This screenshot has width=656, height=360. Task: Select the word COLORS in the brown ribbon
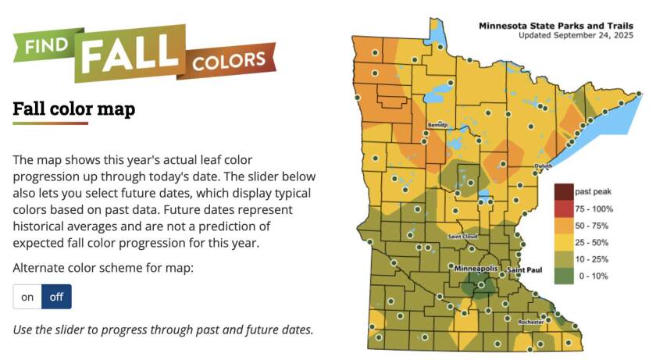pyautogui.click(x=230, y=59)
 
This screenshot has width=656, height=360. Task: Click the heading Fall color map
pyautogui.click(x=73, y=109)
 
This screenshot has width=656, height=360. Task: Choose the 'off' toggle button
pyautogui.click(x=56, y=297)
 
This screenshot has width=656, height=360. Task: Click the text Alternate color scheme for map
pyautogui.click(x=102, y=268)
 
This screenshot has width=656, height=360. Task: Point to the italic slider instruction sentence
pyautogui.click(x=163, y=329)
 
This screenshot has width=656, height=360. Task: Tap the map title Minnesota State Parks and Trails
pyautogui.click(x=560, y=26)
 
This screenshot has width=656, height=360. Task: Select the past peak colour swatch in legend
pyautogui.click(x=563, y=191)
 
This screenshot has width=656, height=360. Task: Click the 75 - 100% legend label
pyautogui.click(x=594, y=209)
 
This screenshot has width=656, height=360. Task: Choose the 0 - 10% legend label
pyautogui.click(x=594, y=275)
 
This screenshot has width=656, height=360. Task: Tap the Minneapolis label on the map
pyautogui.click(x=476, y=269)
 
